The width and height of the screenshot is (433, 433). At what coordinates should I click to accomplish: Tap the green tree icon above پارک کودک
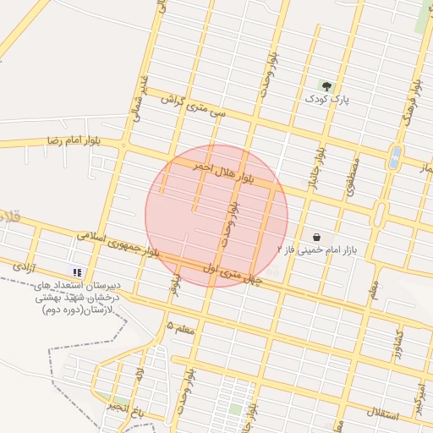coord(327,85)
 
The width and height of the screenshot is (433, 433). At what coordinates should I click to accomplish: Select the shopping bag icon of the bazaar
coord(317,238)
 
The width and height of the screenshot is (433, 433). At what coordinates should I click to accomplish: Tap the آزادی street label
coord(22,266)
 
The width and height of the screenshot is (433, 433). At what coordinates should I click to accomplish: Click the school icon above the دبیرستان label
coord(77,272)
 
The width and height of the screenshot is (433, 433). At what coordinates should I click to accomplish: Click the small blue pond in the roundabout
coord(395,156)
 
